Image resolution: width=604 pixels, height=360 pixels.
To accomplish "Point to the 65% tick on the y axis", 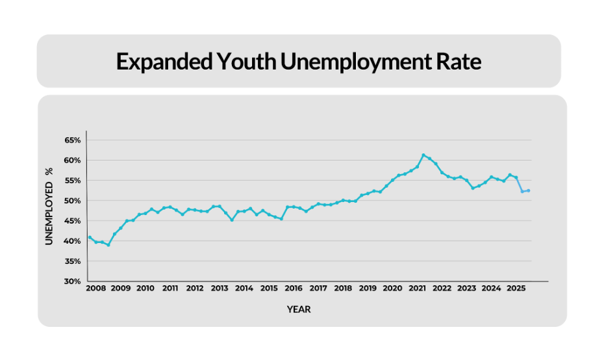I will pyautogui.click(x=73, y=140).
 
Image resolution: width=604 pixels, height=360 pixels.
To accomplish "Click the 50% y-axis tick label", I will pyautogui.click(x=73, y=201).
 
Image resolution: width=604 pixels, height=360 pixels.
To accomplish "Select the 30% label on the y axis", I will pyautogui.click(x=73, y=281).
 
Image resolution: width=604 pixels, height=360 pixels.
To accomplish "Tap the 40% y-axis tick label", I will pyautogui.click(x=73, y=241).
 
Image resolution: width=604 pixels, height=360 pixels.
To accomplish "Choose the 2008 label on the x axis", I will pyautogui.click(x=95, y=288).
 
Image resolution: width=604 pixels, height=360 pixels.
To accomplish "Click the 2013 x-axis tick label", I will pyautogui.click(x=220, y=288).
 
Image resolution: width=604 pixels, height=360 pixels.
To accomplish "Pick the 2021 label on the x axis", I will pyautogui.click(x=417, y=288).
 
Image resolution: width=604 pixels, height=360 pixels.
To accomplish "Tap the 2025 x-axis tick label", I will pyautogui.click(x=516, y=288).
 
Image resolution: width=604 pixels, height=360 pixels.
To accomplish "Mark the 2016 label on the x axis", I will pyautogui.click(x=294, y=288).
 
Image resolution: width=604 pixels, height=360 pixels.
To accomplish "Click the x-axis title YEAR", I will pyautogui.click(x=299, y=310).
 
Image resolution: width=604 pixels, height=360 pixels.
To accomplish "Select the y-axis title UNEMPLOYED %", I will pyautogui.click(x=49, y=206).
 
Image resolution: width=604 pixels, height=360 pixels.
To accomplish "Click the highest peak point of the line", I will pyautogui.click(x=423, y=155).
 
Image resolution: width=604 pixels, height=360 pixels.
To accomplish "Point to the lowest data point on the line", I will pyautogui.click(x=108, y=244).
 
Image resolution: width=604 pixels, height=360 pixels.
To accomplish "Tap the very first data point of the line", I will pyautogui.click(x=90, y=237).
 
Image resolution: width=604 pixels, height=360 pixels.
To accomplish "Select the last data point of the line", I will pyautogui.click(x=529, y=190).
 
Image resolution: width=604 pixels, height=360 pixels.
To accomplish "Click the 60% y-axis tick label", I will pyautogui.click(x=73, y=161).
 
